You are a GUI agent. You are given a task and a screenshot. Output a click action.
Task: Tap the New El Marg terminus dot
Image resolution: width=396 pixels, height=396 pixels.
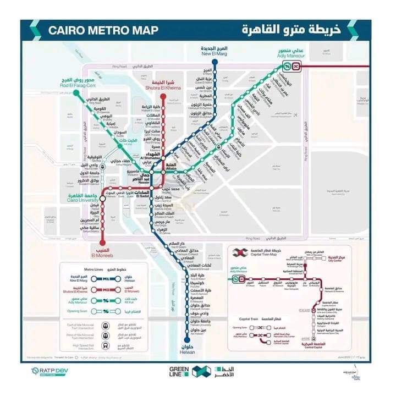pos(215,62)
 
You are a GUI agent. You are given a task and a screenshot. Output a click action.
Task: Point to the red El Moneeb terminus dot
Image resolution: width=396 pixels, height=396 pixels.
pos(101,243)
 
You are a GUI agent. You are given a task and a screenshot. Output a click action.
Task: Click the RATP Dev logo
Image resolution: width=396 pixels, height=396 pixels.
pos(51,372)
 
